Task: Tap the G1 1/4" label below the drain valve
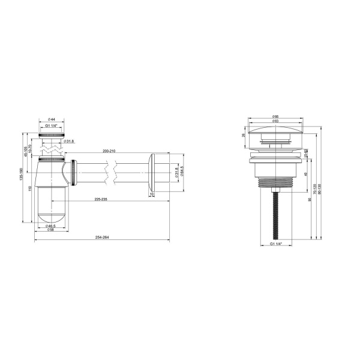click(x=275, y=244)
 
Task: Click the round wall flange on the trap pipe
click(x=151, y=175)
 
